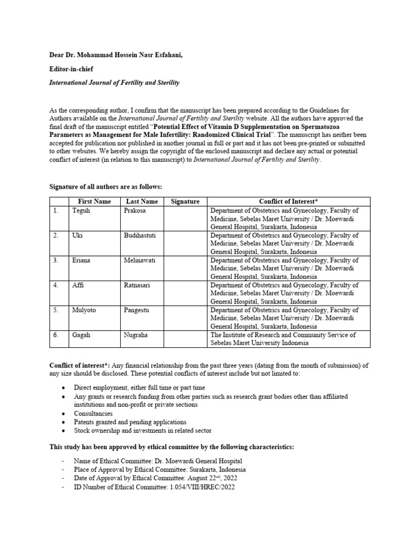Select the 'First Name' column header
(x=95, y=202)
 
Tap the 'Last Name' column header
(x=142, y=202)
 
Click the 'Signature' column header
(x=185, y=202)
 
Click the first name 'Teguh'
(x=81, y=211)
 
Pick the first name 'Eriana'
(x=82, y=261)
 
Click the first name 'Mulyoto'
(x=84, y=311)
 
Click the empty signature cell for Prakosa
(x=185, y=218)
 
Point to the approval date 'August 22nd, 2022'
(x=213, y=479)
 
